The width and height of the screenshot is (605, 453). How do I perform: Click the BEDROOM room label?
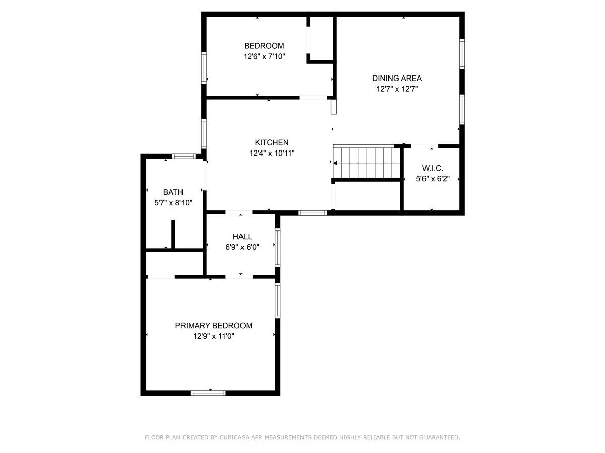264,46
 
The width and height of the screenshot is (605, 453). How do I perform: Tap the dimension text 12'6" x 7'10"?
264,57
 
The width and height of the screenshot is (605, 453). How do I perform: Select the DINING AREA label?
397,78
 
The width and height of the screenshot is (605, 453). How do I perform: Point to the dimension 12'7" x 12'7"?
397,89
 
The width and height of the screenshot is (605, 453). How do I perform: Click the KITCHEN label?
271,142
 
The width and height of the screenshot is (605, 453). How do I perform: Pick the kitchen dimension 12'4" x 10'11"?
271,154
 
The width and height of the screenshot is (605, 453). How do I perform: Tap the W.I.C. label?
433,168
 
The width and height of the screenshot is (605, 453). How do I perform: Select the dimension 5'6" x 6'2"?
433,179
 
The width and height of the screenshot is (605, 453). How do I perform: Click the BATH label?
173,192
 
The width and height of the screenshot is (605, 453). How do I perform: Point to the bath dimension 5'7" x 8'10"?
173,203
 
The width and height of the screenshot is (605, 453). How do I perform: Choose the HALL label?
242,236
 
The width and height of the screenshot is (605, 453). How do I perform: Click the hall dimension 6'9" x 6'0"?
242,247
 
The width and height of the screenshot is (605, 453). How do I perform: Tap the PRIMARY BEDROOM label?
213,326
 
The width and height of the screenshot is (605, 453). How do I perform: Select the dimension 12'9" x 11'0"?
213,337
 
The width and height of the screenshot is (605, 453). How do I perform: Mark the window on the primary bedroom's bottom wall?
208,393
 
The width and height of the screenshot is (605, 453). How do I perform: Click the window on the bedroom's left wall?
204,67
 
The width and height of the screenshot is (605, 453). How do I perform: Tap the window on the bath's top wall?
184,156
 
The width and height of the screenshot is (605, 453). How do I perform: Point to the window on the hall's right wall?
277,247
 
